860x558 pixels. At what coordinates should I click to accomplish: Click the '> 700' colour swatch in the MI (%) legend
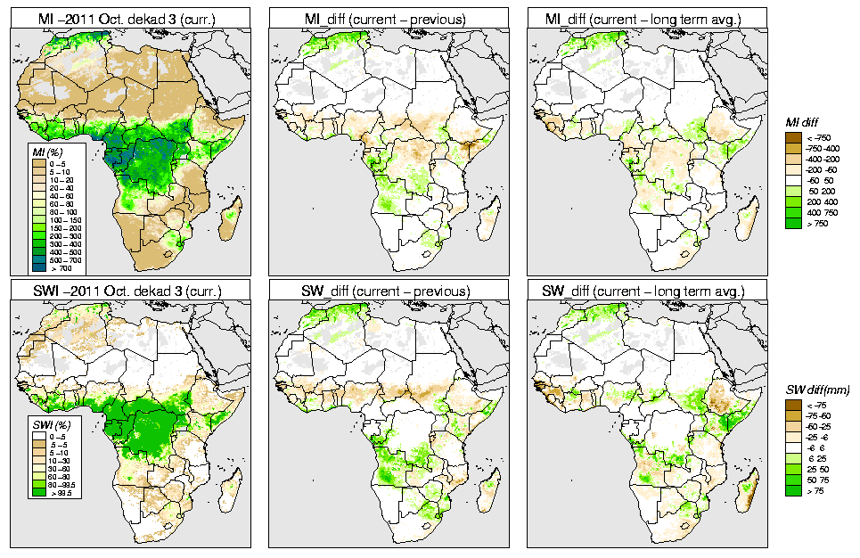click(39, 267)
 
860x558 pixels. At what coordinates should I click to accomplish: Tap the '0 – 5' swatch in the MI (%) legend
click(39, 164)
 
